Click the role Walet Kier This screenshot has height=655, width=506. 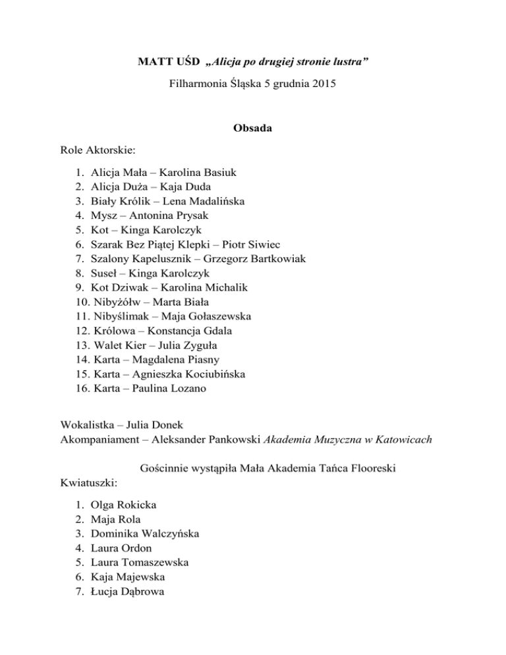tap(119, 345)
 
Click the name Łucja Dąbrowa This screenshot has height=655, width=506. tap(128, 591)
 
